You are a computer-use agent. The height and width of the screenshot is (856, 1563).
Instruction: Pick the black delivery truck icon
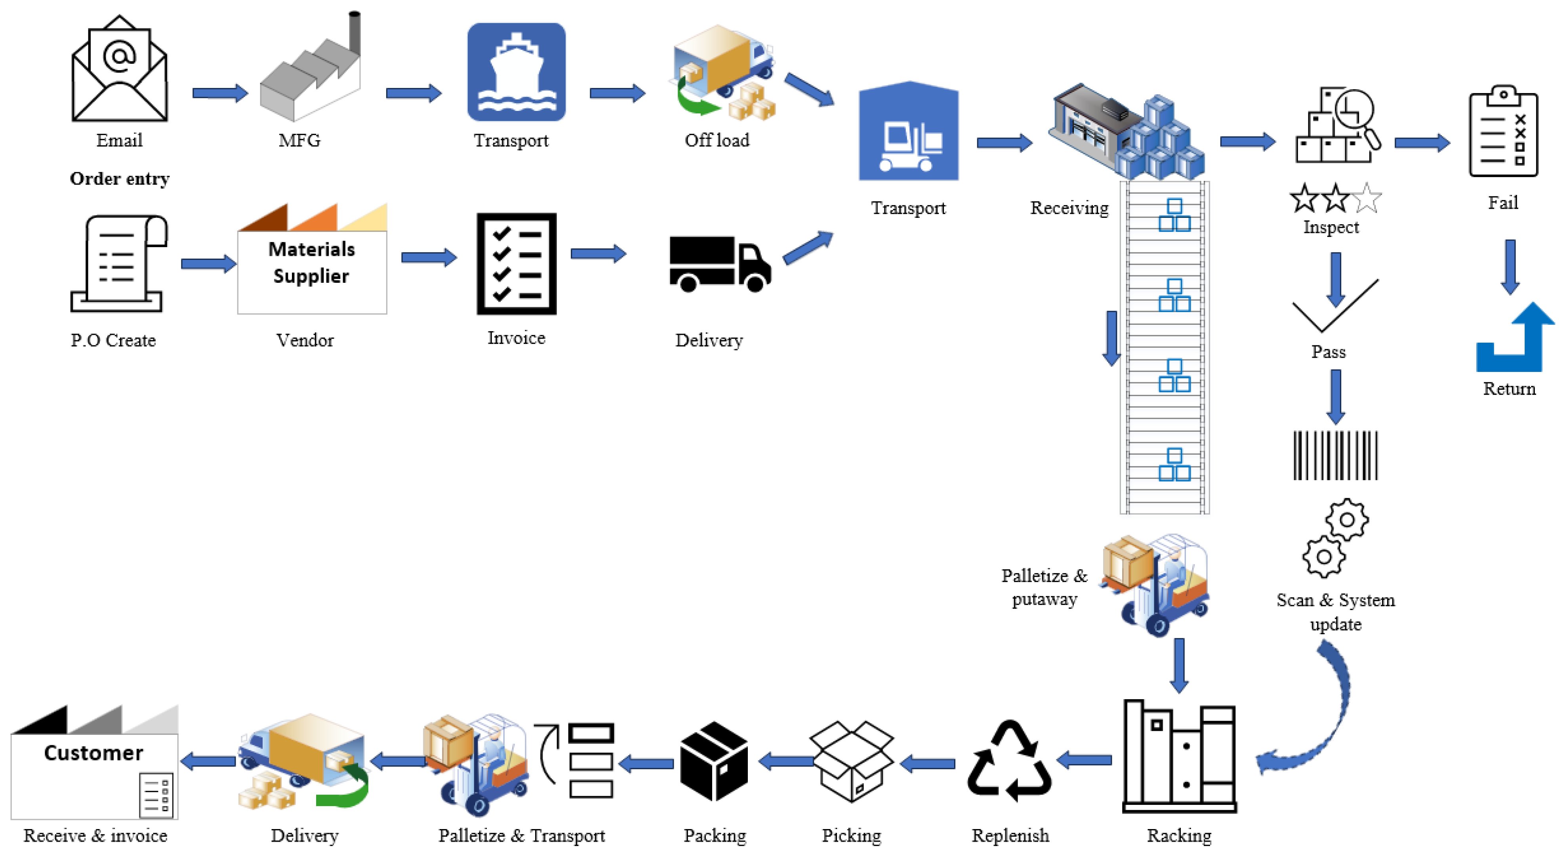click(720, 264)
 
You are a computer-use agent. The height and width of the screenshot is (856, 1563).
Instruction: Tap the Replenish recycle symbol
click(1010, 761)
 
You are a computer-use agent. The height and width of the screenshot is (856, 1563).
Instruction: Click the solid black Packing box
click(714, 761)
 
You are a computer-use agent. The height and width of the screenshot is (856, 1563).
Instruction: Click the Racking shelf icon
click(1179, 757)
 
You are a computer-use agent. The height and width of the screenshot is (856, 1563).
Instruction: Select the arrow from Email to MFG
click(220, 93)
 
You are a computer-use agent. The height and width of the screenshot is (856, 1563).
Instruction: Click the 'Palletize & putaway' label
click(1044, 587)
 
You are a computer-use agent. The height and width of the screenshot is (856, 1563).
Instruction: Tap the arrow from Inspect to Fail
click(1422, 143)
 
